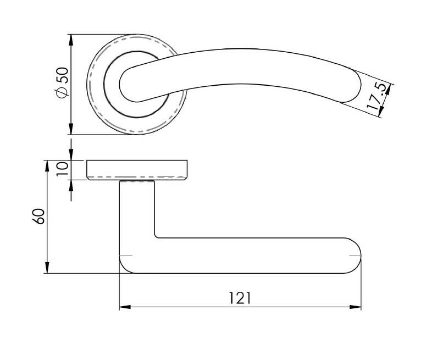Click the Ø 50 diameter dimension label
(x=63, y=82)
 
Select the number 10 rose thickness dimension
(x=63, y=169)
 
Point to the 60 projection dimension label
(x=38, y=217)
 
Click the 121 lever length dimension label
(x=240, y=298)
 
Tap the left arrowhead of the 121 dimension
(x=125, y=307)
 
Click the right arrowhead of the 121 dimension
(x=356, y=307)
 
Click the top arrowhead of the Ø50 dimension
(x=71, y=40)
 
